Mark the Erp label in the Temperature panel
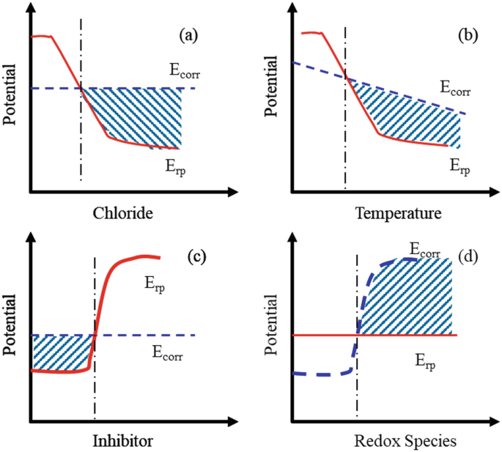tap(459, 166)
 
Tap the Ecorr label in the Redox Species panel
tap(424, 249)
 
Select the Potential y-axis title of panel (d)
tap(271, 326)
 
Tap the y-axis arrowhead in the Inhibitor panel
tap(30, 237)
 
